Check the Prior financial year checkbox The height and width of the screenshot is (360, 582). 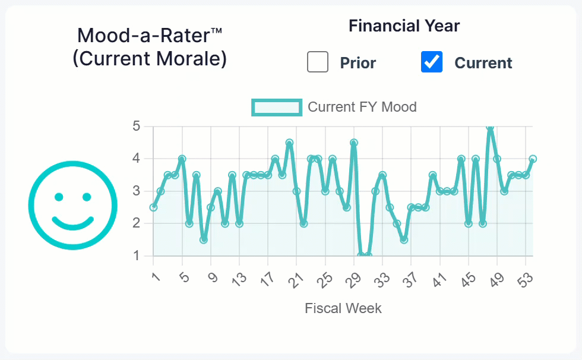(x=318, y=62)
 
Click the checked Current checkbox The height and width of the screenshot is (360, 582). (x=432, y=62)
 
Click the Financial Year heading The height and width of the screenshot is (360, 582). (x=404, y=26)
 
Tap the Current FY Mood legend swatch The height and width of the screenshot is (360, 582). (x=277, y=108)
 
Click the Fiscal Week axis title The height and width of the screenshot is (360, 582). (x=343, y=308)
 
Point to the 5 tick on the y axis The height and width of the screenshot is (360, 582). (x=136, y=127)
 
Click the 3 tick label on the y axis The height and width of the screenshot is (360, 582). (x=136, y=191)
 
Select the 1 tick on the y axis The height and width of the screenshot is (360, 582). (x=136, y=256)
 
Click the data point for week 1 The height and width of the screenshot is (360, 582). (x=153, y=207)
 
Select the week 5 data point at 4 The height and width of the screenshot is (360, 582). (x=182, y=159)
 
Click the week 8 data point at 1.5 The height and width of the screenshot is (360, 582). (x=204, y=240)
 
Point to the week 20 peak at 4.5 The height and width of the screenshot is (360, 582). (x=289, y=143)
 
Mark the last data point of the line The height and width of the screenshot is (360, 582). (x=533, y=159)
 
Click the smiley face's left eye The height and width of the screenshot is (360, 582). (x=59, y=197)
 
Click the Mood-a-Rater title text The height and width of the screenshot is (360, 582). (x=149, y=36)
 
